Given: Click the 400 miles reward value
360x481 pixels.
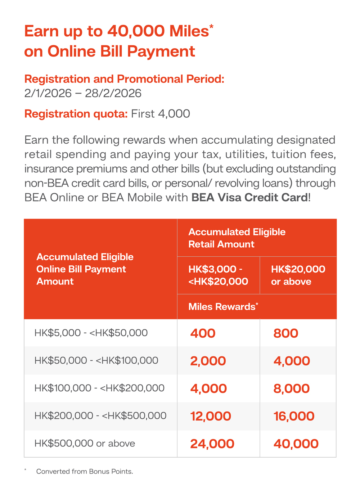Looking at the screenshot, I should (203, 333).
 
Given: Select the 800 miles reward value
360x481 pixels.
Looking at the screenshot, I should (286, 333).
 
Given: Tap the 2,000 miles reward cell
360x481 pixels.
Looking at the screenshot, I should (208, 361).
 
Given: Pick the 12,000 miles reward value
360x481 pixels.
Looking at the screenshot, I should (211, 416).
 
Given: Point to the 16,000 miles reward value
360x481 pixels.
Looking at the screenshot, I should (294, 416).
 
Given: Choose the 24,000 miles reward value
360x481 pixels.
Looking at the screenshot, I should (212, 444).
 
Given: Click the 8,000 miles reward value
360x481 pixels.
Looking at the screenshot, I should (292, 388).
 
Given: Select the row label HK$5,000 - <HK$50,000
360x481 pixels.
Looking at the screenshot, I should (91, 333).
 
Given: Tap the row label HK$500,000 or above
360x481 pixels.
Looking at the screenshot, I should (85, 443).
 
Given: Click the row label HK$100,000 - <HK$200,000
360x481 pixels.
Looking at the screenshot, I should (99, 388).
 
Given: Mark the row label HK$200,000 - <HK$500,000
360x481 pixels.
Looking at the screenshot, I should (100, 415).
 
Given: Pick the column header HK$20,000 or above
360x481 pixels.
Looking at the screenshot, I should (298, 275).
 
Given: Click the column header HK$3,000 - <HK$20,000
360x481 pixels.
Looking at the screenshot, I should (218, 275).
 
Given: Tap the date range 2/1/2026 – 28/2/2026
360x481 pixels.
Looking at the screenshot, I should (83, 93).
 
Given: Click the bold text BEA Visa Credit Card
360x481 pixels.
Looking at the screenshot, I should (249, 197).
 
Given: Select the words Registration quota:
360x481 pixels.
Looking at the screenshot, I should (76, 114).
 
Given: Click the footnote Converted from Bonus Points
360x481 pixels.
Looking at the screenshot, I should (85, 471).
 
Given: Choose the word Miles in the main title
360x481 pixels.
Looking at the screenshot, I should (189, 31).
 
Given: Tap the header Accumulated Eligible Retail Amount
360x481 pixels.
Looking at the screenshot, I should (237, 238).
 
